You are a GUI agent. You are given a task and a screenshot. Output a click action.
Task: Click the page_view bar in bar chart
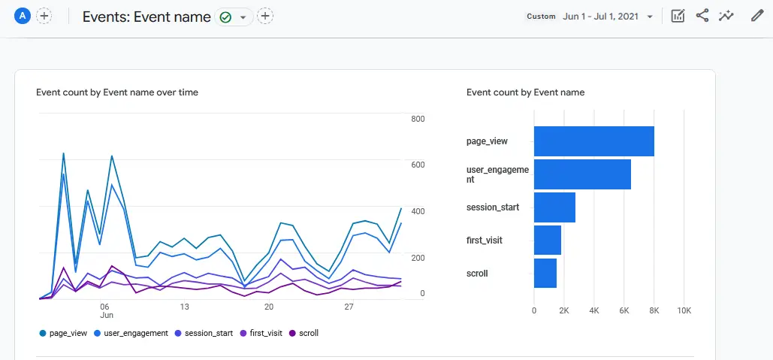click(593, 141)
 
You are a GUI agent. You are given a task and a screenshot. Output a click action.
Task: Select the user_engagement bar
click(582, 174)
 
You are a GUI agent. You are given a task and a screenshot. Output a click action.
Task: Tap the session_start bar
click(554, 207)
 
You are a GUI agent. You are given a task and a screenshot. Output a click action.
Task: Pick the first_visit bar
click(548, 241)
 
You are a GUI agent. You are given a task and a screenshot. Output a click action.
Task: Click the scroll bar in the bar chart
click(545, 274)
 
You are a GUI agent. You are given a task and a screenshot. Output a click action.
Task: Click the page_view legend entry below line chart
click(63, 332)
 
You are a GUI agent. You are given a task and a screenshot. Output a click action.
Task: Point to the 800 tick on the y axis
click(418, 119)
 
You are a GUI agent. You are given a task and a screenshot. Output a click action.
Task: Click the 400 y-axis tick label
click(418, 211)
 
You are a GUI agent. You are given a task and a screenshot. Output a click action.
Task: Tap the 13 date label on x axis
click(184, 307)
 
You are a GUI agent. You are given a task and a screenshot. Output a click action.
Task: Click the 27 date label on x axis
click(349, 307)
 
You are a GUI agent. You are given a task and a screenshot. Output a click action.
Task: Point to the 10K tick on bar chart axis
click(684, 310)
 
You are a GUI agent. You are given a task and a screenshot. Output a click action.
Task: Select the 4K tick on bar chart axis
click(593, 310)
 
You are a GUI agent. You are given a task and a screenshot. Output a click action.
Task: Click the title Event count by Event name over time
click(117, 92)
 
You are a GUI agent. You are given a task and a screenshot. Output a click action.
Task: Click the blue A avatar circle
click(23, 16)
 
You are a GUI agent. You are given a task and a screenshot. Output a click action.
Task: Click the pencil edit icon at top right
click(756, 16)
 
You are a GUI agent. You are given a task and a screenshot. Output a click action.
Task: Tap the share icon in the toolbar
click(702, 16)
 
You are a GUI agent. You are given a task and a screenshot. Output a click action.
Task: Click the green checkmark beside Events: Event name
click(225, 17)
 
